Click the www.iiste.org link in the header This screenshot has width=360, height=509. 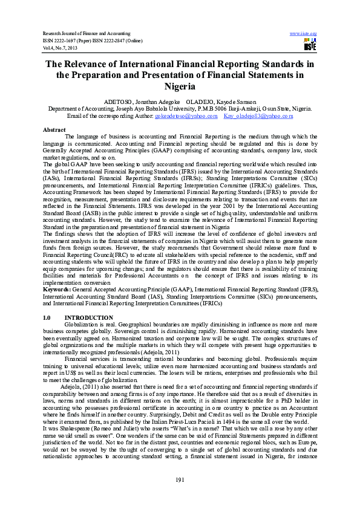coord(304,32)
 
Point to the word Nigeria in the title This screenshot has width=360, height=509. coord(180,86)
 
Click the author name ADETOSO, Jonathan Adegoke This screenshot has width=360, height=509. coord(137,102)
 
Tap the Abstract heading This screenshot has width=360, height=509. coord(54,130)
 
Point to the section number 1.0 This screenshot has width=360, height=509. coord(47,317)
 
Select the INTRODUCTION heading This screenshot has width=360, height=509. coord(88,317)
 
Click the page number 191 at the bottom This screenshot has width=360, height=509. coord(180,479)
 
